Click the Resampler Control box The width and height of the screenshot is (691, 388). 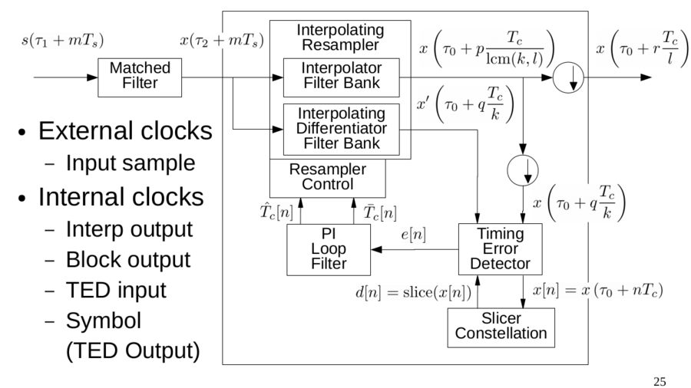(x=328, y=177)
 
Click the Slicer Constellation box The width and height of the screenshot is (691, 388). (x=501, y=326)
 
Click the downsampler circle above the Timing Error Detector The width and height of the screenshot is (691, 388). (x=523, y=170)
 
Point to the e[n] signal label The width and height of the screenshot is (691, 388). (x=415, y=235)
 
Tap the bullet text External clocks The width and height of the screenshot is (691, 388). (x=125, y=131)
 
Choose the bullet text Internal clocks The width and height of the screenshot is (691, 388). (x=121, y=197)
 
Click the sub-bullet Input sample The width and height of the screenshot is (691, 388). (x=130, y=163)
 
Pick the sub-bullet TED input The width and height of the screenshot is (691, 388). (x=116, y=291)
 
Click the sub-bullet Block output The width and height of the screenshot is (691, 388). (x=127, y=259)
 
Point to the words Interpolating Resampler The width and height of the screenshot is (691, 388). (x=340, y=36)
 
